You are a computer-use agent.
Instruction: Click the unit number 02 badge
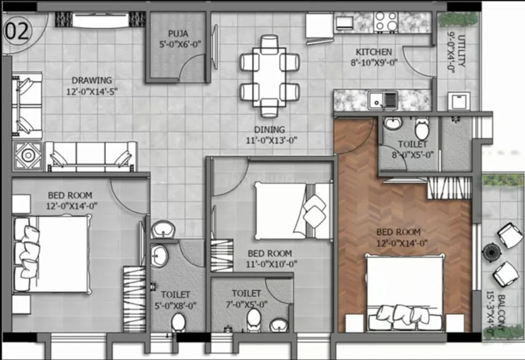(17, 31)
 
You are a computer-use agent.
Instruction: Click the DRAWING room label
(92, 80)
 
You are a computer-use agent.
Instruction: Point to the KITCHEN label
(374, 52)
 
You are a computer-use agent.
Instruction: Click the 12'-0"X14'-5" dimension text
(92, 91)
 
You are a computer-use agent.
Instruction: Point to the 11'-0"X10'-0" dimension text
(270, 263)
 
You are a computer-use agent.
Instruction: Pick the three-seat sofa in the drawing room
(91, 156)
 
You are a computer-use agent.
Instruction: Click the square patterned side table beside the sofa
(29, 155)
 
